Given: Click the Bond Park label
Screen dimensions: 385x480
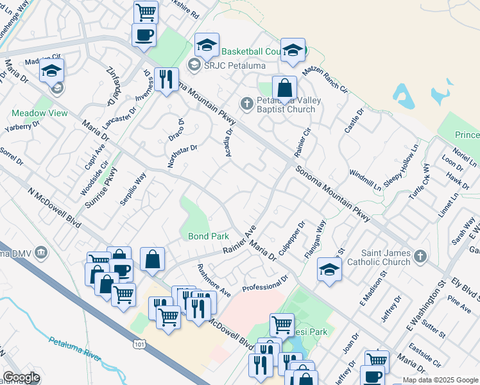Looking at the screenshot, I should (x=209, y=236).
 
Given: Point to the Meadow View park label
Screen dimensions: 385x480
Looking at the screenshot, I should (x=39, y=113).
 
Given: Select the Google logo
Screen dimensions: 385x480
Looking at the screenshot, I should (x=22, y=377).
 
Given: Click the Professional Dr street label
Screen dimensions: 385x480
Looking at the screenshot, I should (x=266, y=283).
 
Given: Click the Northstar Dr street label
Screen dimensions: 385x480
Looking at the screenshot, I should (x=183, y=156).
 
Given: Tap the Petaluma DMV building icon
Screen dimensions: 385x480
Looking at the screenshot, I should (x=42, y=252).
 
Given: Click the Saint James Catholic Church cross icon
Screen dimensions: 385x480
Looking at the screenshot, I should (x=420, y=257).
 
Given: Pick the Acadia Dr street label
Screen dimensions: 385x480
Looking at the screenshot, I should (x=228, y=140).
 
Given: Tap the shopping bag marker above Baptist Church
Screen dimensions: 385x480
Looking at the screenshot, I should (x=284, y=89).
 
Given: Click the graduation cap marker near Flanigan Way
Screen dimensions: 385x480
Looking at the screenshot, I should (x=329, y=269).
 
